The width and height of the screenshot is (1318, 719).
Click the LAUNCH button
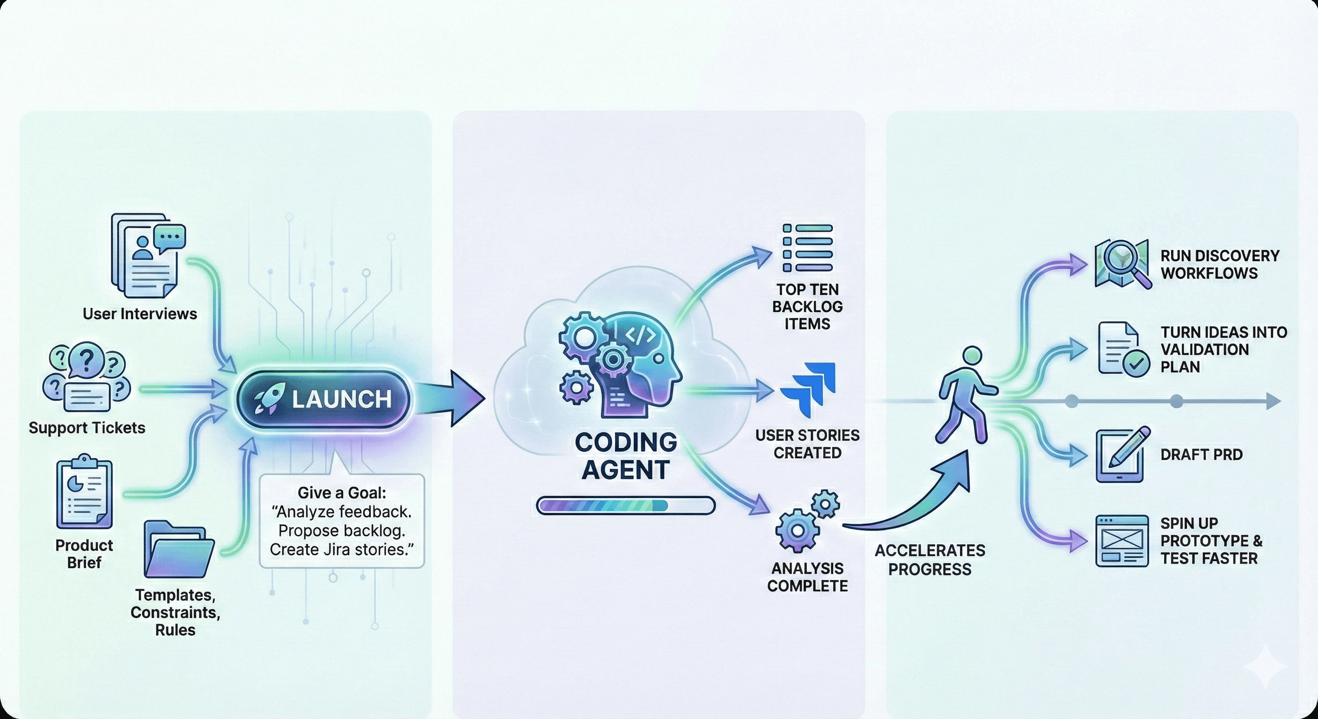point(323,399)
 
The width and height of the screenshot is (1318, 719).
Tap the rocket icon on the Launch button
point(270,399)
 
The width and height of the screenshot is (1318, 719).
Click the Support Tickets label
point(87,428)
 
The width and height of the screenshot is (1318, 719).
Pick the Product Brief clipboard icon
point(84,494)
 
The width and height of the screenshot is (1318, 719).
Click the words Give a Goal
point(342,493)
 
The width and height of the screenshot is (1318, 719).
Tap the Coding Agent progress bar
point(625,506)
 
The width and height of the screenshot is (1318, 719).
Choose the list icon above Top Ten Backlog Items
point(807,248)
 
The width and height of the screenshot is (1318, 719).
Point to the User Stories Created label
point(807,444)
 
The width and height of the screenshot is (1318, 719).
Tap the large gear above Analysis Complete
point(797,530)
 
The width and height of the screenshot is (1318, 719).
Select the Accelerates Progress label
point(930,559)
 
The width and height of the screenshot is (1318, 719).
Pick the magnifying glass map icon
point(1122,264)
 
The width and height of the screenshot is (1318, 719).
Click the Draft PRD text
point(1201,455)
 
